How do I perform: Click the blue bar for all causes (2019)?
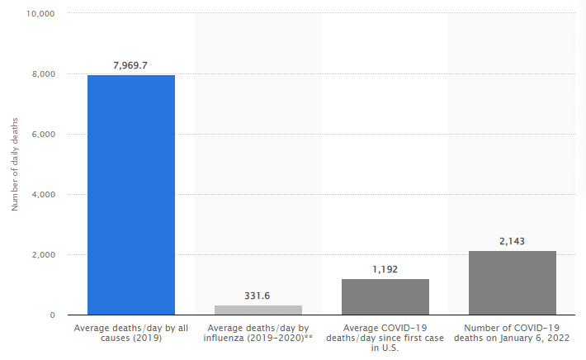pyautogui.click(x=131, y=195)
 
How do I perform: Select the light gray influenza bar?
pyautogui.click(x=258, y=310)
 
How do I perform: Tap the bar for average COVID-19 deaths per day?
pyautogui.click(x=385, y=296)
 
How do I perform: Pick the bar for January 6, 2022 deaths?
pyautogui.click(x=513, y=282)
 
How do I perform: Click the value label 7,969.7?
pyautogui.click(x=131, y=64)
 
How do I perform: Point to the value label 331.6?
pyautogui.click(x=258, y=295)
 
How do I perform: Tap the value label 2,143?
pyautogui.click(x=513, y=241)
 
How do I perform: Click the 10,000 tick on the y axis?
pyautogui.click(x=40, y=14)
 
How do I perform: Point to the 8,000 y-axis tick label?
pyautogui.click(x=43, y=74)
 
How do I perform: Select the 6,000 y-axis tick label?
pyautogui.click(x=43, y=135)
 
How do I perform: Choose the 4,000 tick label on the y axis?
pyautogui.click(x=43, y=195)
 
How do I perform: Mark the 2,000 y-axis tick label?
pyautogui.click(x=43, y=255)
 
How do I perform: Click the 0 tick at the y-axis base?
pyautogui.click(x=52, y=315)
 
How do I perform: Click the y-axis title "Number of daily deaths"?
pyautogui.click(x=14, y=164)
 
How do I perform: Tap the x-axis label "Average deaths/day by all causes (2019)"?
pyautogui.click(x=131, y=333)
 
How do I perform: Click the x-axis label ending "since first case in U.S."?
pyautogui.click(x=385, y=338)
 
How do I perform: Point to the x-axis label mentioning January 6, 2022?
pyautogui.click(x=513, y=333)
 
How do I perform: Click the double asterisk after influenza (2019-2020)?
pyautogui.click(x=309, y=338)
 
